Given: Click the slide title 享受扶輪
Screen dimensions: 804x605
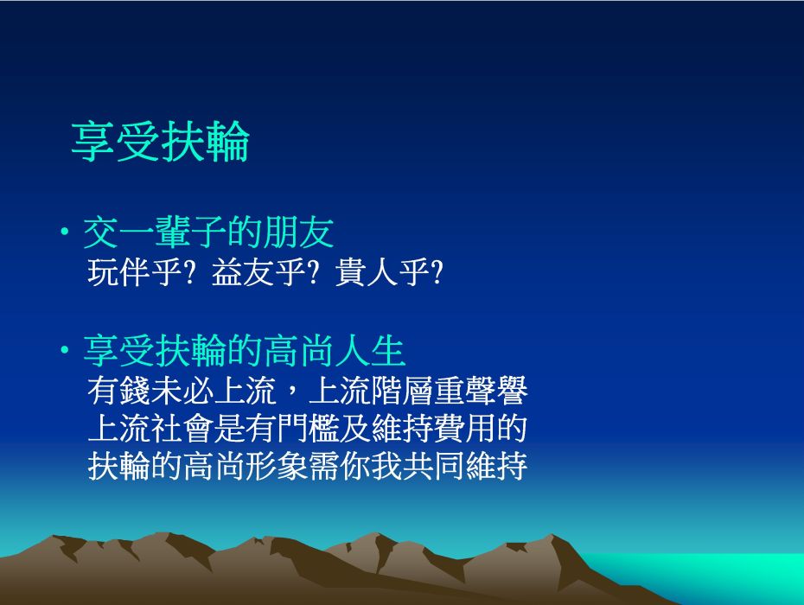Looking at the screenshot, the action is [x=160, y=142].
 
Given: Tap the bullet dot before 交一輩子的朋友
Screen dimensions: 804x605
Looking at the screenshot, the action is [x=65, y=232].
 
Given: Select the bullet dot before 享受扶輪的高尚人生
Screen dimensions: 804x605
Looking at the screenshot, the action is [x=65, y=351].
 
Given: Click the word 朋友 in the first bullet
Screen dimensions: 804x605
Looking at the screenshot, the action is [x=298, y=232].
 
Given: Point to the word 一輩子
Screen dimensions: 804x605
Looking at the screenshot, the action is [x=172, y=232].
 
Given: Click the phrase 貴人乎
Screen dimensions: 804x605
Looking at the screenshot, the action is [x=383, y=271].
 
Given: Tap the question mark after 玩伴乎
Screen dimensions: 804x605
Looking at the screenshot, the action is [x=189, y=271].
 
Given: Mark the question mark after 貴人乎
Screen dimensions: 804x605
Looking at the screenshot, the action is [x=437, y=271].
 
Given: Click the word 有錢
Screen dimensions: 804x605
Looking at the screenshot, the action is [x=119, y=391].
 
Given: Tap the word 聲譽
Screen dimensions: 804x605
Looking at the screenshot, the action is [x=496, y=391].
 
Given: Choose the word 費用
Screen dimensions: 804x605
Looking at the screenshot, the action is [x=465, y=429].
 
